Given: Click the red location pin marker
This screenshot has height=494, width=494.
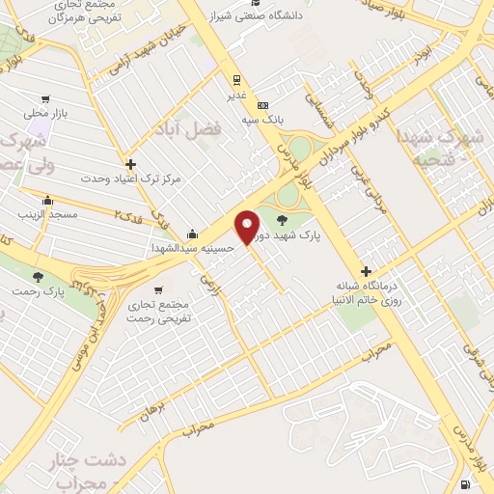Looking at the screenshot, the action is click(x=248, y=227).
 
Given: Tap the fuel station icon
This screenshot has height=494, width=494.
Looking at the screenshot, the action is click(x=467, y=483).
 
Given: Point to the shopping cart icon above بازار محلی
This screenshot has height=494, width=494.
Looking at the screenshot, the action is click(x=45, y=98).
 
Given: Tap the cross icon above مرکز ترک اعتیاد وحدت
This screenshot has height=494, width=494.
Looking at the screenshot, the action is click(x=131, y=164).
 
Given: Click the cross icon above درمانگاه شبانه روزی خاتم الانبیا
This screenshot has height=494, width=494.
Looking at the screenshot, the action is click(x=366, y=271).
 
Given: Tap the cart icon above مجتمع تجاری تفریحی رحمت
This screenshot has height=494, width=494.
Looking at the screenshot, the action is click(x=158, y=288).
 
